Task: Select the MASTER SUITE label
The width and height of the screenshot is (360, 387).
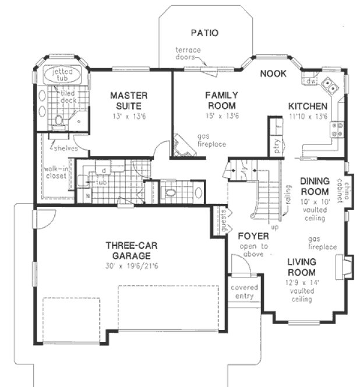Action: click(129, 100)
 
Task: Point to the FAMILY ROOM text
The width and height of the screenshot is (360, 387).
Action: click(220, 100)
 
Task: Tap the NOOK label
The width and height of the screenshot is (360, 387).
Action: click(271, 73)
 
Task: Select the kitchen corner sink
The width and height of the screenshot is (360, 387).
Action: click(330, 86)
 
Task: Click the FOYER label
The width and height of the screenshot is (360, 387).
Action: click(253, 236)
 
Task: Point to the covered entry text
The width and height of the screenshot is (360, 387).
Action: click(245, 292)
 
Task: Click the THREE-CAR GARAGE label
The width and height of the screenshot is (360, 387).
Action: click(129, 250)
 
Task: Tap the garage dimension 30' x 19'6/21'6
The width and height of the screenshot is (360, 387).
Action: click(129, 265)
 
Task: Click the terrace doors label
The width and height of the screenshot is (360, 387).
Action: click(188, 54)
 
